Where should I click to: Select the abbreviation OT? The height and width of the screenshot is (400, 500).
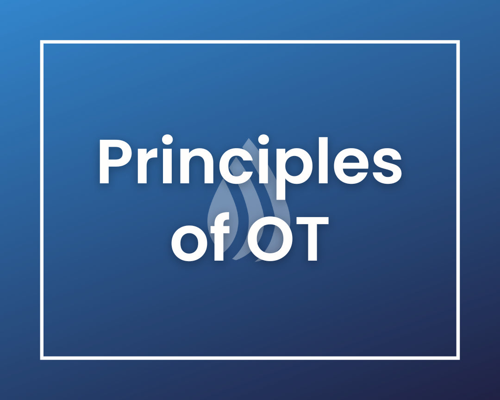point(288,238)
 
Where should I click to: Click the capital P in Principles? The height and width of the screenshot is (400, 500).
point(115,161)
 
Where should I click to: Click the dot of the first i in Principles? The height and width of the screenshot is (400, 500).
point(168,140)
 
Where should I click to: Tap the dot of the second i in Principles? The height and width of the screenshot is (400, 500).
point(263,140)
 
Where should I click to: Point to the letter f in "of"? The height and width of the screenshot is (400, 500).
point(220,237)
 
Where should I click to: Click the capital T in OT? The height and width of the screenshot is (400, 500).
point(312,238)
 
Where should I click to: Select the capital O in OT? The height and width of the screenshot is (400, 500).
point(270,239)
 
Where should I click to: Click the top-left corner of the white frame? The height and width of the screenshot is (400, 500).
point(42,42)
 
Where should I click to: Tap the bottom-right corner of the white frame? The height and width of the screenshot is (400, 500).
point(458,358)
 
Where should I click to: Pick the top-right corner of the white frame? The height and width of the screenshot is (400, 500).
point(458,42)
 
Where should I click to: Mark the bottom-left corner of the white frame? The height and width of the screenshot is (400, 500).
point(42,358)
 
